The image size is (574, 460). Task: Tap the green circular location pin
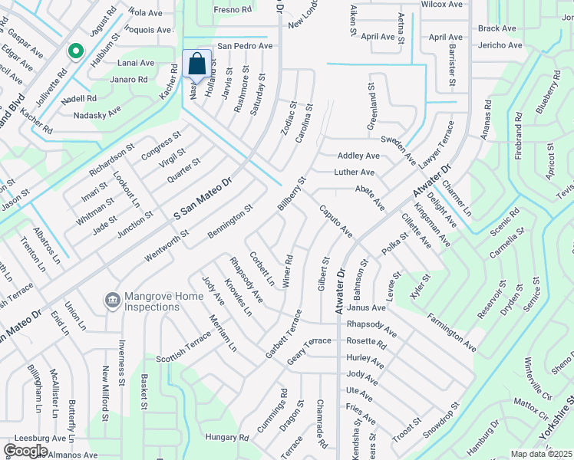(x=75, y=51)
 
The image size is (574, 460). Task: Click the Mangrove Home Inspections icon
(x=112, y=297)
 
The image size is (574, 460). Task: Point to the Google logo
(x=25, y=451)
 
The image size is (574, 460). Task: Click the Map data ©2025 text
(x=542, y=454)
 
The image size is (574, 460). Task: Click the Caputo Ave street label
(x=335, y=220)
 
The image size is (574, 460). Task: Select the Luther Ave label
(x=354, y=172)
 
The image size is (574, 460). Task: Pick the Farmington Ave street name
(x=452, y=332)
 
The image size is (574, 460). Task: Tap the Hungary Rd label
(x=227, y=438)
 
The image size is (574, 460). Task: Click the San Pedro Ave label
(x=245, y=46)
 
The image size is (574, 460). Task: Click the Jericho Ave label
(x=500, y=45)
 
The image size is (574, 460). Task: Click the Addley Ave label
(x=358, y=156)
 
